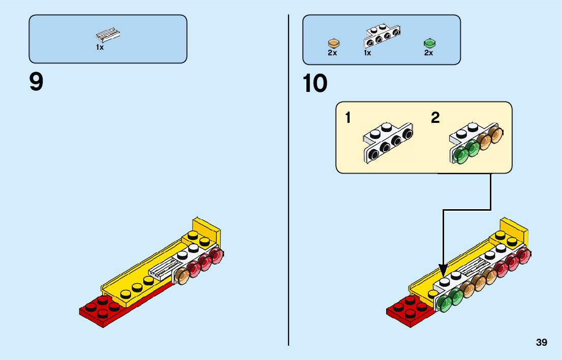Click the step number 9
point(37,82)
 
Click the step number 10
point(315,84)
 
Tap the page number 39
point(541,343)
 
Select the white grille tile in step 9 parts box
point(108,35)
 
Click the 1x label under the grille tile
point(100,47)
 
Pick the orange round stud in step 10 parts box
point(333,43)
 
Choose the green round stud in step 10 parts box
point(429,43)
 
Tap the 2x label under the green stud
point(428,53)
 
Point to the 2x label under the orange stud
point(332,53)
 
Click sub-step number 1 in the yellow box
point(348,118)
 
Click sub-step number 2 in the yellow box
point(435,118)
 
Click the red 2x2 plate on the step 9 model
point(99,311)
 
